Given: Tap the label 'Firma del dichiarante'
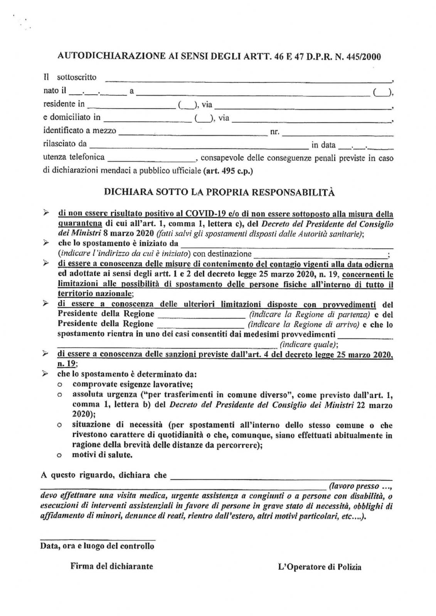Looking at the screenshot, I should [x=111, y=566].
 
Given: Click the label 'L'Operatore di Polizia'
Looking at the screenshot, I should [x=319, y=567].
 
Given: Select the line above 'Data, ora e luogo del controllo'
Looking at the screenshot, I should [x=98, y=539].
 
